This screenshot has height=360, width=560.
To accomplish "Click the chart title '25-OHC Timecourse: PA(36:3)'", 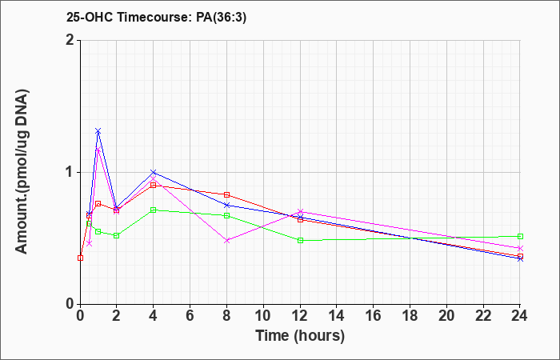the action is click(157, 18).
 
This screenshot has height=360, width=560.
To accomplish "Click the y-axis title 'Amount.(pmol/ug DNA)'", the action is click(22, 172).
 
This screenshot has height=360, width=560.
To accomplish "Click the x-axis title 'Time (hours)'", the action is click(300, 336).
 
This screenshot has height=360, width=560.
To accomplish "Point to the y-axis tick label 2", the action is click(71, 40).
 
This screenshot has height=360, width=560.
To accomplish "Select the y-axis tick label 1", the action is click(71, 172).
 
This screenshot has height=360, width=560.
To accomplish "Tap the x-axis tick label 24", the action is click(520, 316).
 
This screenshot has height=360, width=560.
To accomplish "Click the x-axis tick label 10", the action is click(263, 316).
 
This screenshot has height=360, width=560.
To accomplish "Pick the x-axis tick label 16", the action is click(374, 316).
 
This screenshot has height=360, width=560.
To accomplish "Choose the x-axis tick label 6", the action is click(190, 316).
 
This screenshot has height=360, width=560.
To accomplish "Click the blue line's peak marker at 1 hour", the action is click(98, 131).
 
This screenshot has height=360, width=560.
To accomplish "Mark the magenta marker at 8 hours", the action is click(226, 241).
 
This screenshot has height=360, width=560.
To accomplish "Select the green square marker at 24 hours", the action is click(520, 237).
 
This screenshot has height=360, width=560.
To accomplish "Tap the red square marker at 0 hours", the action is click(80, 258).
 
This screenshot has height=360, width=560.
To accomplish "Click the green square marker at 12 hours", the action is click(300, 240).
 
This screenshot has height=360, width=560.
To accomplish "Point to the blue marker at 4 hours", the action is click(154, 173).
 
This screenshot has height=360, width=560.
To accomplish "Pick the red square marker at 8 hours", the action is click(226, 194).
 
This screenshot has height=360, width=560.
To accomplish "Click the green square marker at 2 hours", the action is click(117, 236).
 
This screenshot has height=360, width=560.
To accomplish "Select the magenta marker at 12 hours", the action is click(300, 211).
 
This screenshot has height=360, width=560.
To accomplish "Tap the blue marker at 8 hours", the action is click(226, 205).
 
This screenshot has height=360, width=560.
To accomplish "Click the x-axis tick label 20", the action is click(446, 316).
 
